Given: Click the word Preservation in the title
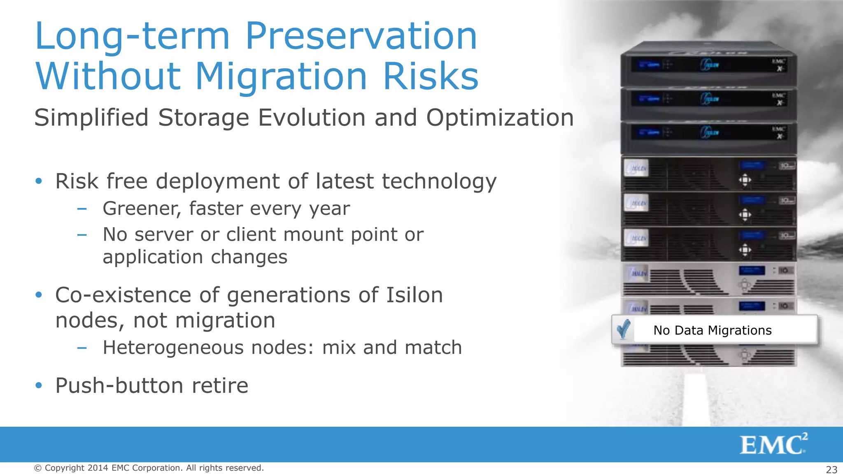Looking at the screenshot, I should [x=361, y=36].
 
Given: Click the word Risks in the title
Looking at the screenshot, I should [x=431, y=77].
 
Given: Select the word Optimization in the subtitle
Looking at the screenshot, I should [x=500, y=118].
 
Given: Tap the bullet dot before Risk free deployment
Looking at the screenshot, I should [x=39, y=181].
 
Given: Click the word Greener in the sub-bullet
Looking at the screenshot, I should [x=142, y=209].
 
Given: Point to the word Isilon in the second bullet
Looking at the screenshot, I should [x=414, y=295].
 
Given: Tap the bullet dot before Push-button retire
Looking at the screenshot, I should [x=39, y=386].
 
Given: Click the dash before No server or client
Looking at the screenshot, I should [x=82, y=235].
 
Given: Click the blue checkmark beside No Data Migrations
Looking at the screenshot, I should [x=624, y=329].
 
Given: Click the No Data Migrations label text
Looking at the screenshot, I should [x=713, y=330].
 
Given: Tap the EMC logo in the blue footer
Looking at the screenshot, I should [x=773, y=444].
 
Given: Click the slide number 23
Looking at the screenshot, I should [x=831, y=469].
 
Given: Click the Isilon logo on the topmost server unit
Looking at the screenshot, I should [x=710, y=65].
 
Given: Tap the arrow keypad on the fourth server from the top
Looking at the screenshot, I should [x=745, y=180].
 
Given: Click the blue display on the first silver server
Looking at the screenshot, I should [x=752, y=270].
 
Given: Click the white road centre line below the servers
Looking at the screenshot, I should [x=696, y=399].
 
